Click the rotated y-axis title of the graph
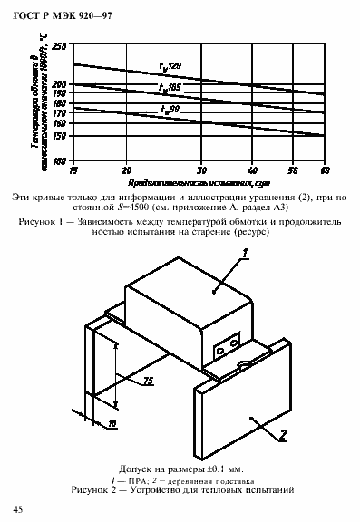pos(39,103)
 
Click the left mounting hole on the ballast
pos(220,350)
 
